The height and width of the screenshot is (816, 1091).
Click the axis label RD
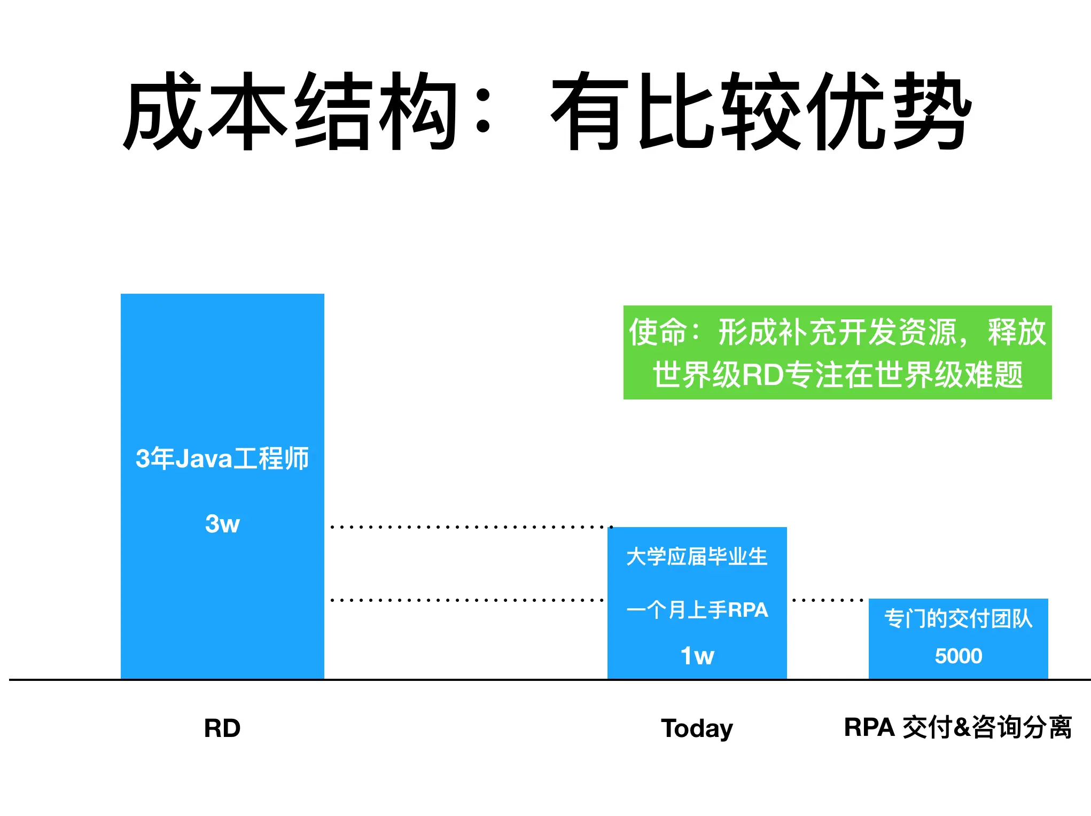[x=222, y=728]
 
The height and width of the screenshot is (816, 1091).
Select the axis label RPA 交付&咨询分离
[x=957, y=727]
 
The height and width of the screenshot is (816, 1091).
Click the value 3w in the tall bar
[x=222, y=523]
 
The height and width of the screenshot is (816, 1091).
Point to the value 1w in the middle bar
[x=697, y=656]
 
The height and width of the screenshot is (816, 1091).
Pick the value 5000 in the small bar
[x=958, y=656]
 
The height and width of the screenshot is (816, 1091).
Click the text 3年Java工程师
[x=222, y=458]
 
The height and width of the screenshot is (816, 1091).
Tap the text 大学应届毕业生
[x=697, y=556]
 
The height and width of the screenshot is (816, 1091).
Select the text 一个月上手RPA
[x=697, y=610]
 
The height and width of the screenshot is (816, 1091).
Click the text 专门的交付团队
[x=958, y=618]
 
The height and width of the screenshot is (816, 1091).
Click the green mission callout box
[x=837, y=352]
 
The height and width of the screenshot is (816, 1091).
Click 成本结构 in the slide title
[x=290, y=111]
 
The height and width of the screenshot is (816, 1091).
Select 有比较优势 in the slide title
[x=761, y=111]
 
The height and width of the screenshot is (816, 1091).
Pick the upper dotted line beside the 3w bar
[x=471, y=527]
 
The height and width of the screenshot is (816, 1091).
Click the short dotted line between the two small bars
[x=828, y=600]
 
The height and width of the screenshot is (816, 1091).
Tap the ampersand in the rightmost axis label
[x=962, y=728]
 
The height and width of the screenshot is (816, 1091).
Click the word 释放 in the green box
[x=1017, y=332]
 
